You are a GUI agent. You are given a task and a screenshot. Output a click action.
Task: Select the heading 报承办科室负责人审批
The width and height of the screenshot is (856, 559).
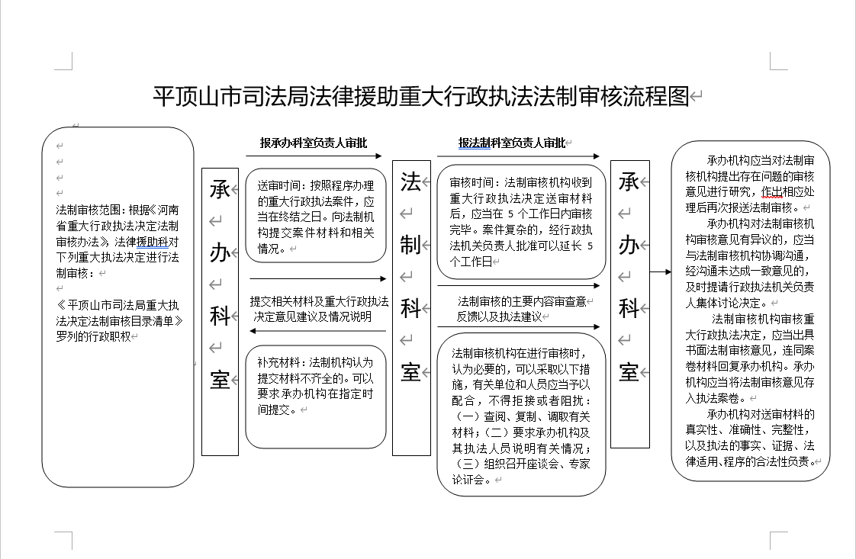(x=313, y=143)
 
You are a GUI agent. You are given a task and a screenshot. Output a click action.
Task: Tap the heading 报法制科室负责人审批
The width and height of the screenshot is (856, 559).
(x=511, y=143)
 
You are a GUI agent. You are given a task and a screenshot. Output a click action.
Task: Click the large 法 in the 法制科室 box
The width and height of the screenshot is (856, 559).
(x=410, y=182)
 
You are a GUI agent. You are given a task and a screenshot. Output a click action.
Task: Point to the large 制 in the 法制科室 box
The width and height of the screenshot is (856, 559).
(x=410, y=244)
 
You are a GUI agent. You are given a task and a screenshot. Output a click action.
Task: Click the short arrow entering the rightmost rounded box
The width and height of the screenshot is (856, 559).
(x=661, y=271)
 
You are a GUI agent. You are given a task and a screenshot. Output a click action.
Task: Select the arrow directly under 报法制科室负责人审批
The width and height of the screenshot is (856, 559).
(x=518, y=157)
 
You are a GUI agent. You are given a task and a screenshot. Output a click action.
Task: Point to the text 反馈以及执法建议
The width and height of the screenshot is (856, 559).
(x=499, y=316)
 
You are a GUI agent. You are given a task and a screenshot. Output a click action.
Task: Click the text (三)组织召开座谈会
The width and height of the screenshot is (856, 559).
(x=504, y=464)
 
